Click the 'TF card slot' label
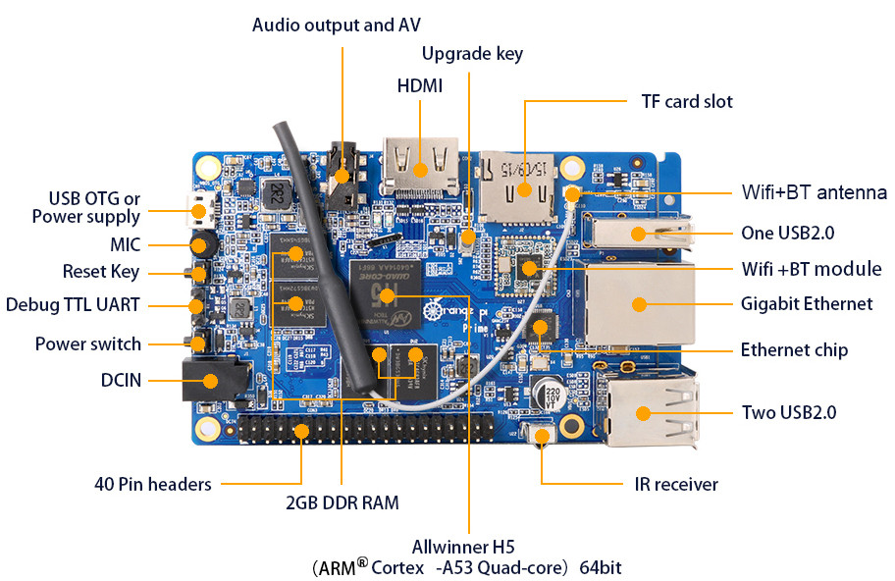coord(687,102)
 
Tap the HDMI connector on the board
coord(421,167)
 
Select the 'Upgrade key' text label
coord(472,54)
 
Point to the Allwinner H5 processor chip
coord(386,295)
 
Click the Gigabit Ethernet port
coord(638,303)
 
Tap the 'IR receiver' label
coord(676,485)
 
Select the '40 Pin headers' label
coord(153,484)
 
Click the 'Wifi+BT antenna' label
coord(814,192)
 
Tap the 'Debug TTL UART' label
coord(73,305)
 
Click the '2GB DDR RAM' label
coord(342,502)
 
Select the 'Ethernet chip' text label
coord(794,349)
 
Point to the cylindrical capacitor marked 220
coord(552,394)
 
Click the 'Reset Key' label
coord(101,272)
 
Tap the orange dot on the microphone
coord(198,245)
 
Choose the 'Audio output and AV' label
coord(337,26)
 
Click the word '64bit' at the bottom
coord(600,567)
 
